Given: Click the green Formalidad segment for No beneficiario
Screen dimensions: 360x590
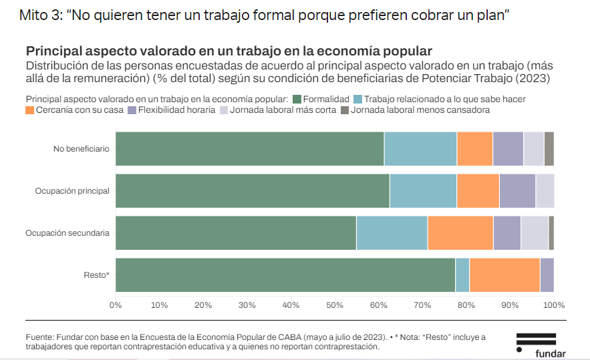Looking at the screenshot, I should point(249,148).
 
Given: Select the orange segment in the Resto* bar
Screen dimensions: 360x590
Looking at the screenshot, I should point(504,275).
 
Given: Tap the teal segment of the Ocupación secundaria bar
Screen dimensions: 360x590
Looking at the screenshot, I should point(392,232).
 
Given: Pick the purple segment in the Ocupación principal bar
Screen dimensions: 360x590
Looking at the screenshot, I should point(517,190).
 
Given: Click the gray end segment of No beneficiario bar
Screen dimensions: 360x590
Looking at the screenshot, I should point(549,148).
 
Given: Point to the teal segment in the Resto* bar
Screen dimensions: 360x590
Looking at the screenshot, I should point(462,275).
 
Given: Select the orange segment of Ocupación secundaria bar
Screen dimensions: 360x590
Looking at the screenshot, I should point(460,232).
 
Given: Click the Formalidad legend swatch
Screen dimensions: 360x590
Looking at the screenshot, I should point(297,99).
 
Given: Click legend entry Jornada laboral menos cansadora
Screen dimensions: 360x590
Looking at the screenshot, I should point(420,110).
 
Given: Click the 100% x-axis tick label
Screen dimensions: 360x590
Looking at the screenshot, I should point(554,305).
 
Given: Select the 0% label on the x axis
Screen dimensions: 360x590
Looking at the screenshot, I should point(116,305).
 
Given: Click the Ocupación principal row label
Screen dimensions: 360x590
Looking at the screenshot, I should point(72,191).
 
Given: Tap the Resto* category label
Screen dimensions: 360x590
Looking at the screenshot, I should point(96,275).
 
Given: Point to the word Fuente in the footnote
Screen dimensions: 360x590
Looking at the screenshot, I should point(39,337).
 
